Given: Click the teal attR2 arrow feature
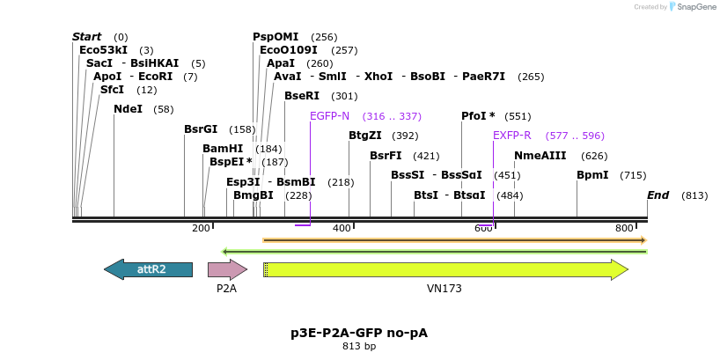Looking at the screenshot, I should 148,269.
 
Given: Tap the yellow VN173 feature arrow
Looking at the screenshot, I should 445,269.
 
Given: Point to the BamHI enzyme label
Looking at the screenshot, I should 223,149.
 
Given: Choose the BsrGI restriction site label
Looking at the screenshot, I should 201,129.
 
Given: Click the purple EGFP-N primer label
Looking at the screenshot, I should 329,116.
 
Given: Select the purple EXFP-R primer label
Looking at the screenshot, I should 511,136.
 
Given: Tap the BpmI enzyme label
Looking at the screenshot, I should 592,175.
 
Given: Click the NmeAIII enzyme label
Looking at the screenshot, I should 540,156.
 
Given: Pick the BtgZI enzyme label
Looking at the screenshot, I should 365,136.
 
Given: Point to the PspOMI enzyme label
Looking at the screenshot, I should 276,37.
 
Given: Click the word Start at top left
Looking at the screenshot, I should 86,37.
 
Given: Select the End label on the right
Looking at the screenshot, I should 658,195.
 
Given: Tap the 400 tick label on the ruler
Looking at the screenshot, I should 342,228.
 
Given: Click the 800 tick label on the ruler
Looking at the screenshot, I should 624,228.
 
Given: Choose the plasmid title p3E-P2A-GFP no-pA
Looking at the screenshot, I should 359,333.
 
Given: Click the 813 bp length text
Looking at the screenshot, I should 359,347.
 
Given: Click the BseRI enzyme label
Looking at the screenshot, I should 302,96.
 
